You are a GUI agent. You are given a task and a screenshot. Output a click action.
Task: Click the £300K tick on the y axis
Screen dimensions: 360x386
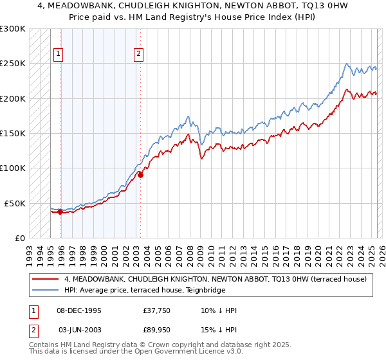13,29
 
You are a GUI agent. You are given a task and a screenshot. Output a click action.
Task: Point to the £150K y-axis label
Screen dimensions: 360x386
13,133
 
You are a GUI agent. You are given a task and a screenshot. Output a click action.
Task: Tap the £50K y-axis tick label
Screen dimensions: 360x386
15,203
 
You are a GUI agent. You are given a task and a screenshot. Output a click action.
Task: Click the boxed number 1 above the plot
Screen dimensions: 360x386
59,55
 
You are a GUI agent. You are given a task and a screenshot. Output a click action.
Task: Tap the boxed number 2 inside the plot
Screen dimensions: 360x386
138,55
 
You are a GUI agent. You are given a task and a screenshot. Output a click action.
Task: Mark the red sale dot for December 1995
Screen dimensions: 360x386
60,212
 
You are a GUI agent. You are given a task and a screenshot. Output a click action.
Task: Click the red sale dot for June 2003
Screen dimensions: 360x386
140,175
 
